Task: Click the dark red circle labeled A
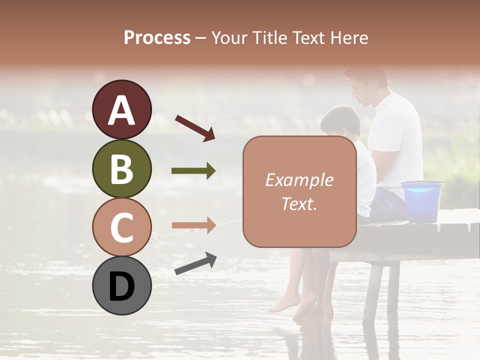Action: click(x=122, y=109)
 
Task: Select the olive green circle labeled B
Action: click(x=122, y=168)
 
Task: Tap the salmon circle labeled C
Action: click(x=122, y=227)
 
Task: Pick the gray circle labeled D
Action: click(x=122, y=286)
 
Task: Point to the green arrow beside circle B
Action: click(x=193, y=171)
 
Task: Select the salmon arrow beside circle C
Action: click(x=193, y=226)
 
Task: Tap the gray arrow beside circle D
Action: click(x=195, y=263)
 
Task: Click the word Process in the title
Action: click(x=157, y=38)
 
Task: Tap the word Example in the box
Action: click(x=299, y=180)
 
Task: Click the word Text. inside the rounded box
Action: click(x=299, y=203)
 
